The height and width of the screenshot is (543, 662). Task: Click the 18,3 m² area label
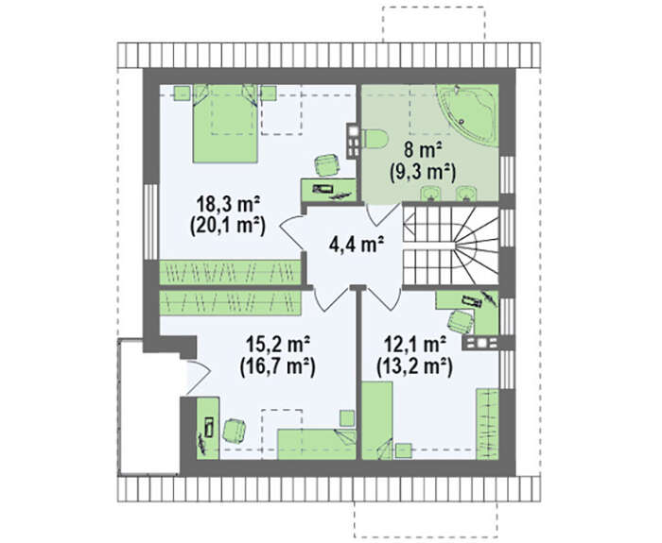[x=228, y=205]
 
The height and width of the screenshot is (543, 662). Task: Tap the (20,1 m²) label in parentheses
[x=228, y=227]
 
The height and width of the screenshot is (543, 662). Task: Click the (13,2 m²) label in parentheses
[x=414, y=366]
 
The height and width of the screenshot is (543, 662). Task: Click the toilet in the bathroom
[x=375, y=139]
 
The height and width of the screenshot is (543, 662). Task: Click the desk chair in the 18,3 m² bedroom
[x=327, y=165]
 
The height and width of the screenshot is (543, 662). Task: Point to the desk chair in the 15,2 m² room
[x=235, y=430]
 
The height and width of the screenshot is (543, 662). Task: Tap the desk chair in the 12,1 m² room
[x=461, y=321]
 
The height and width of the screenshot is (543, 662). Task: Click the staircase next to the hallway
[x=451, y=245]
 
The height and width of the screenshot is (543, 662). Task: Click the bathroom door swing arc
[x=383, y=214]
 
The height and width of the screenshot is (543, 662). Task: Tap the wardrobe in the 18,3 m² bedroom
[x=230, y=272]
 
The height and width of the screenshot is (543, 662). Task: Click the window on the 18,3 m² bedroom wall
[x=150, y=222]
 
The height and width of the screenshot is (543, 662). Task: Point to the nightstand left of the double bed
[x=183, y=93]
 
